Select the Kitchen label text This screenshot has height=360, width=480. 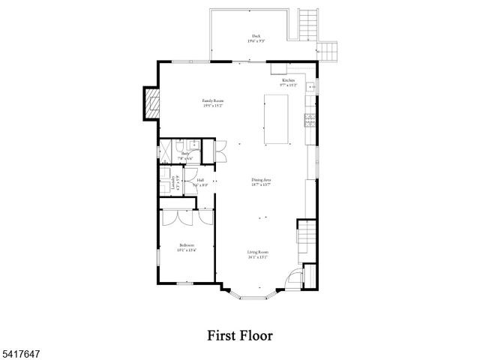(x=289, y=80)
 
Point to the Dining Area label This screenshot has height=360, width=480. (x=261, y=180)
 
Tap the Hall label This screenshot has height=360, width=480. (x=200, y=181)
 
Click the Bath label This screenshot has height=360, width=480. (x=185, y=154)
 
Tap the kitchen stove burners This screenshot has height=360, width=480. (x=308, y=118)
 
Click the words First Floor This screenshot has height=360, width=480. (x=240, y=334)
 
